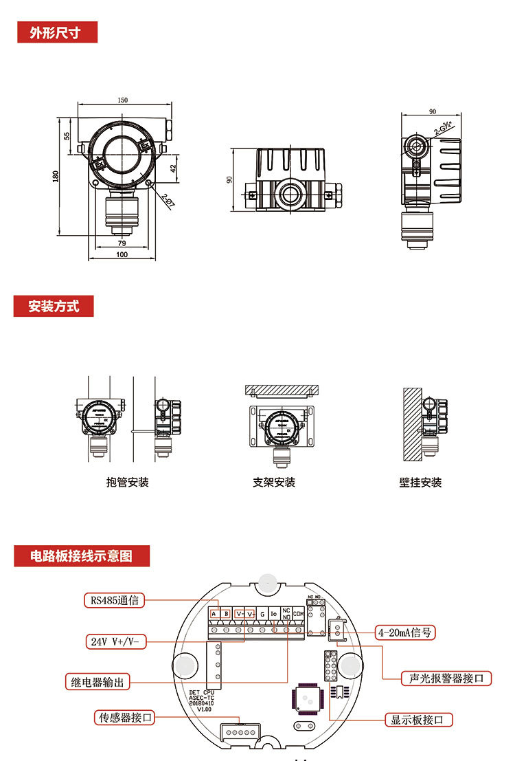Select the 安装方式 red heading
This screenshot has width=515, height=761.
click(54, 307)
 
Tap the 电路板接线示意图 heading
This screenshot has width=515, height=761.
click(81, 555)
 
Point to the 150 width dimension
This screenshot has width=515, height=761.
click(122, 100)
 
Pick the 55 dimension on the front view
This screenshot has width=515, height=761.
click(67, 136)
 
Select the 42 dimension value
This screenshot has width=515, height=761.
click(174, 166)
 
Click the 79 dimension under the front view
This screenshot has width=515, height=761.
click(122, 243)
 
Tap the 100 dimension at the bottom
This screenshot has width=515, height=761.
click(122, 255)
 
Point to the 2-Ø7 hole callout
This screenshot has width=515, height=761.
click(168, 200)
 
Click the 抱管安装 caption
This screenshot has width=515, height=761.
click(128, 483)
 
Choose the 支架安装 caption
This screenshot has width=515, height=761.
click(274, 483)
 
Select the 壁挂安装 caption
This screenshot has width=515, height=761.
click(420, 483)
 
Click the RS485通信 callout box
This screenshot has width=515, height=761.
click(115, 600)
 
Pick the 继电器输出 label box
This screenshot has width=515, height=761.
click(98, 682)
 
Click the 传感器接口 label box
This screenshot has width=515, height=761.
click(124, 718)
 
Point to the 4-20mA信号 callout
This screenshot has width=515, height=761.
click(406, 632)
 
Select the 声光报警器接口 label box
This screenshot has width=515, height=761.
click(446, 678)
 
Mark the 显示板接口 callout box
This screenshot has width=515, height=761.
click(422, 720)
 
